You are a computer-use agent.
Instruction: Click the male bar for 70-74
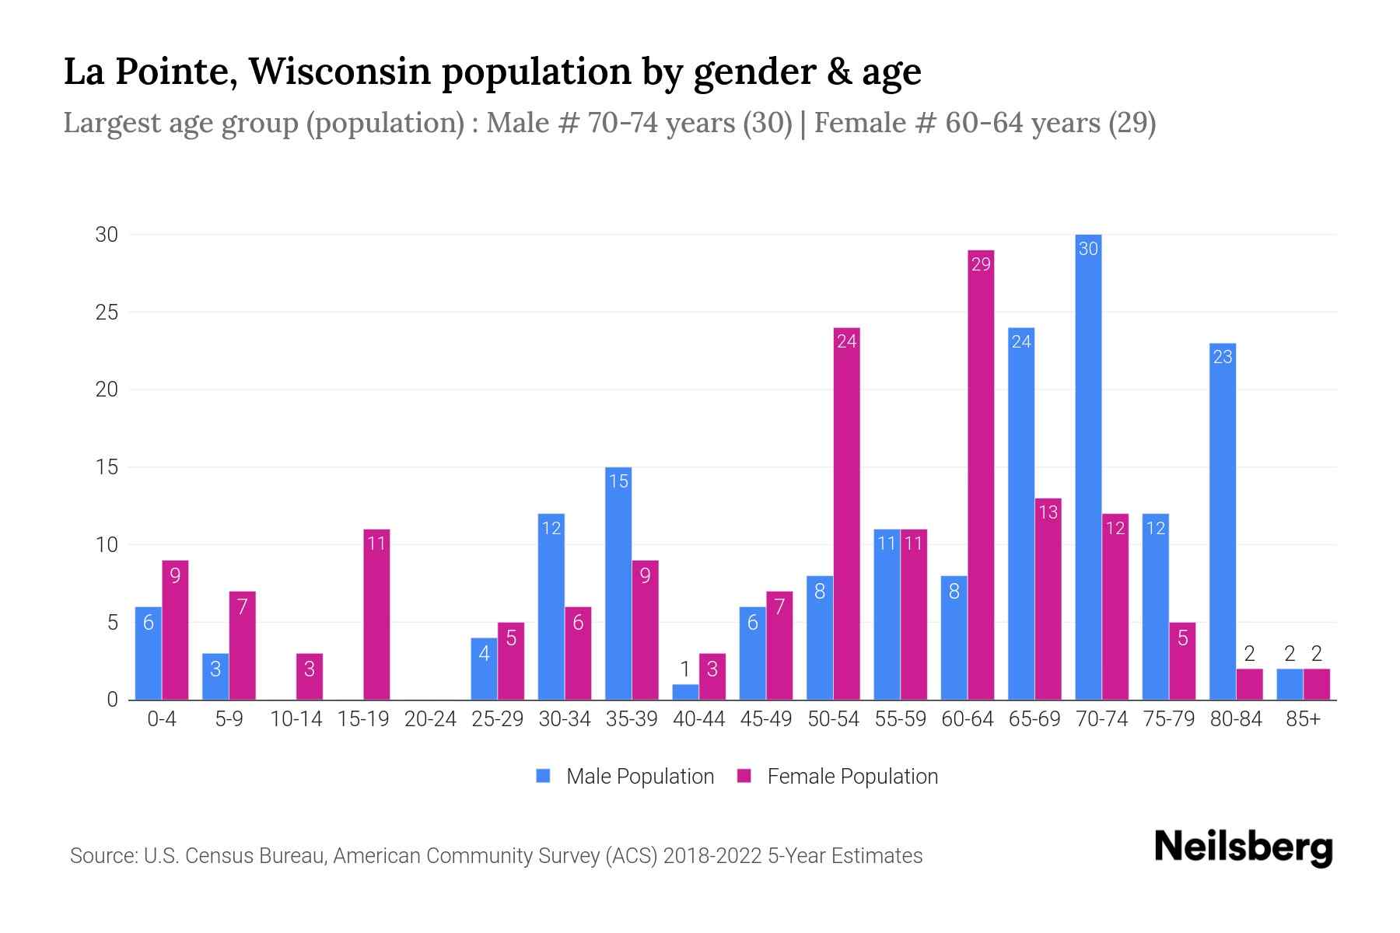click(1088, 466)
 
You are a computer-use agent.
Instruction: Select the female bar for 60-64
click(981, 474)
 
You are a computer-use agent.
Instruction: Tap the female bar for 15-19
click(376, 614)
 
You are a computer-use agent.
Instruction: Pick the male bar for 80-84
click(1223, 521)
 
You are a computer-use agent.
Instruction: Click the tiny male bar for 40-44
click(685, 692)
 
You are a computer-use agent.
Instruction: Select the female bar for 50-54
click(846, 513)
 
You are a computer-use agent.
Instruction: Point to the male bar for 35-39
click(618, 583)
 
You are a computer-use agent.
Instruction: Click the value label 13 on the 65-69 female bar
click(1048, 512)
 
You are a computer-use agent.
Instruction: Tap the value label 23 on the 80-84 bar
click(1223, 357)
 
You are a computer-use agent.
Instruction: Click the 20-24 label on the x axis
click(430, 719)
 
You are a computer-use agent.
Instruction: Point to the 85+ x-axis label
click(1303, 719)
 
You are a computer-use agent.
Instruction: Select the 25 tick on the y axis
click(107, 313)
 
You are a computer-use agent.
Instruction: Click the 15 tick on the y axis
click(107, 467)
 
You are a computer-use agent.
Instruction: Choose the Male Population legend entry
click(639, 776)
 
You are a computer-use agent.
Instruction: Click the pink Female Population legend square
click(744, 776)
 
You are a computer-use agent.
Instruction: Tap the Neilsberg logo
click(1243, 847)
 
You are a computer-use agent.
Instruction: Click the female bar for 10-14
click(310, 676)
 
